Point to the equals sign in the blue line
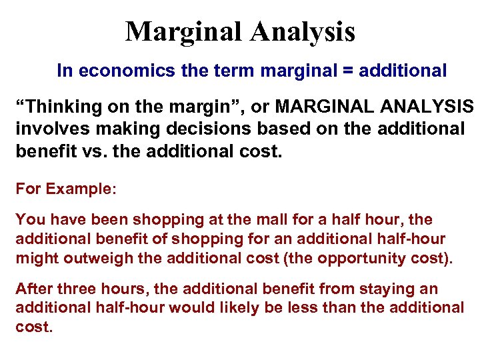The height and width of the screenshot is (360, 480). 349,71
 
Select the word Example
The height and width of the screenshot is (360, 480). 81,189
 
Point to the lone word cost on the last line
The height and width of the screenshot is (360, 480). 32,327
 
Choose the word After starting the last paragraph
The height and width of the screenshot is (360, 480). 32,289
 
